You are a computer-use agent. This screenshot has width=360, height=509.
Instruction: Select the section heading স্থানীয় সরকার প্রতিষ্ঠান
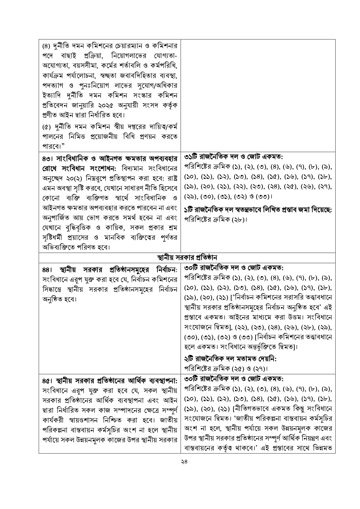tap(187, 258)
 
